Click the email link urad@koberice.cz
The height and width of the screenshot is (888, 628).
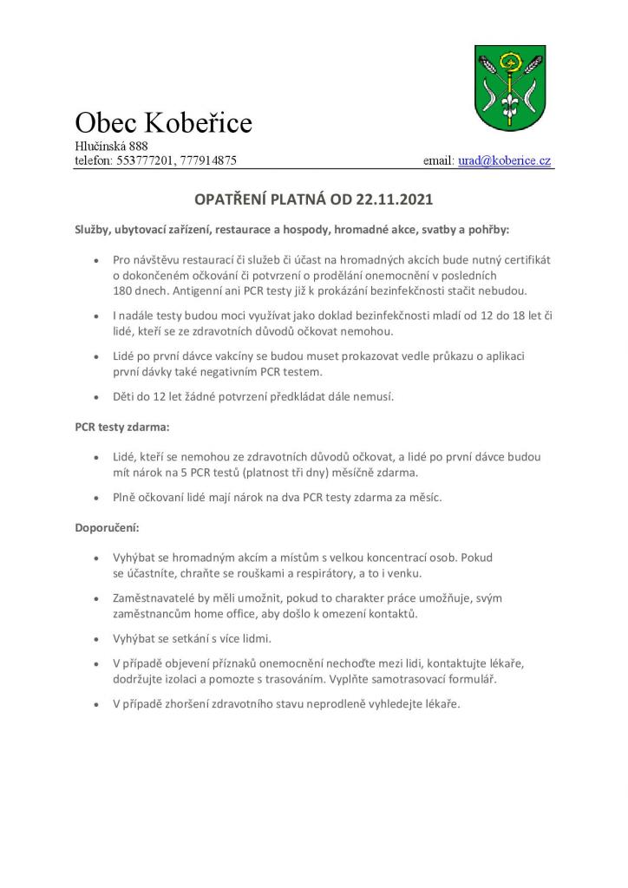[x=505, y=161]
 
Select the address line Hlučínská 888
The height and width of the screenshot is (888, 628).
[x=111, y=146]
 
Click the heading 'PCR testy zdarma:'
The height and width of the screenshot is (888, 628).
[x=122, y=428]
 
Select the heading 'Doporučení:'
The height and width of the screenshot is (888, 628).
[x=108, y=527]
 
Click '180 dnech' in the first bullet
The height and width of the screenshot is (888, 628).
[x=137, y=291]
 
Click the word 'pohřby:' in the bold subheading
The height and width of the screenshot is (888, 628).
[x=491, y=231]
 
